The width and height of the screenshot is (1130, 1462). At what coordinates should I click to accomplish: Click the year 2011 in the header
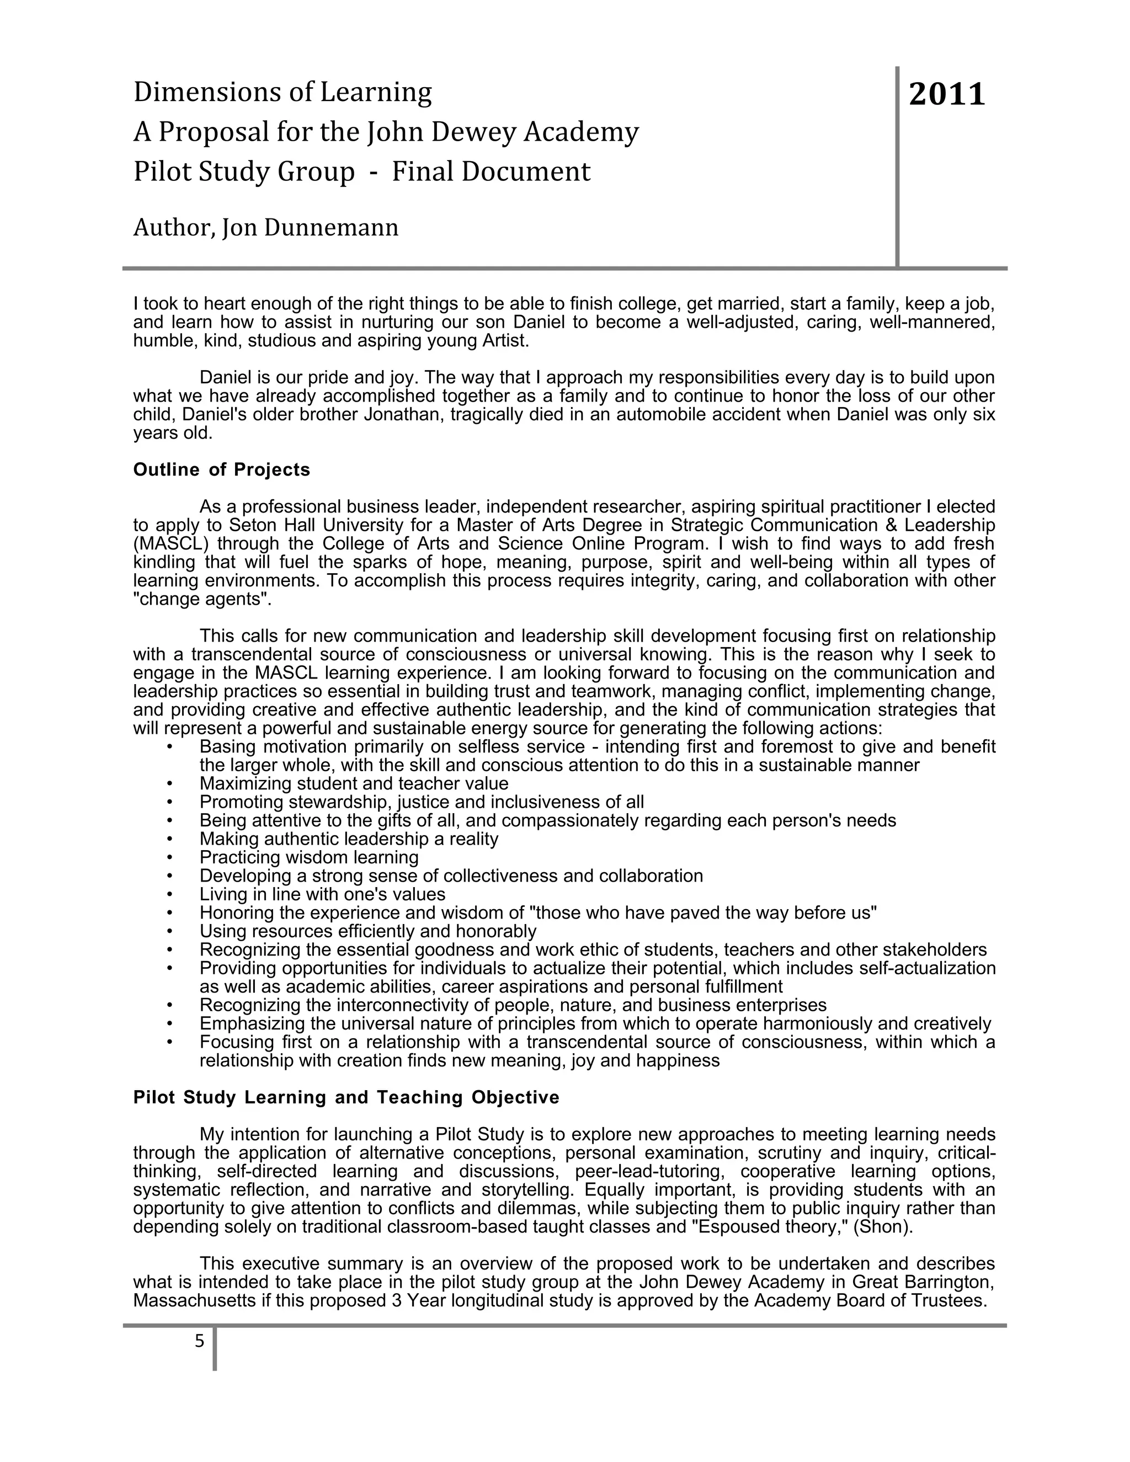pos(947,94)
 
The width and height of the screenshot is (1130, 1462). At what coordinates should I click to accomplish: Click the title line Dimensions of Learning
pos(282,92)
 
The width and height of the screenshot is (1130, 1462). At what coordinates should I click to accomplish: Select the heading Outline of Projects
pos(222,470)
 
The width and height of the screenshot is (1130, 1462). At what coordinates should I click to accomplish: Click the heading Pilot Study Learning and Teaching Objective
pos(346,1097)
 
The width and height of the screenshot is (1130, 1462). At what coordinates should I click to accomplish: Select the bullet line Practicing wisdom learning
pos(308,857)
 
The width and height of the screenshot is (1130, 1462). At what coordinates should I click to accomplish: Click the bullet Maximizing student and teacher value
pos(354,783)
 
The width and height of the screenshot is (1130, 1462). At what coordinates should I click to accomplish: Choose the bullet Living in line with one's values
pos(322,894)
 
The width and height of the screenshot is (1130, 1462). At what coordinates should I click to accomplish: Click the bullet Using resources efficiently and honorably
pos(367,931)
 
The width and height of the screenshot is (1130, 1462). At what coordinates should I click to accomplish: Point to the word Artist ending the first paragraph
pos(505,341)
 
